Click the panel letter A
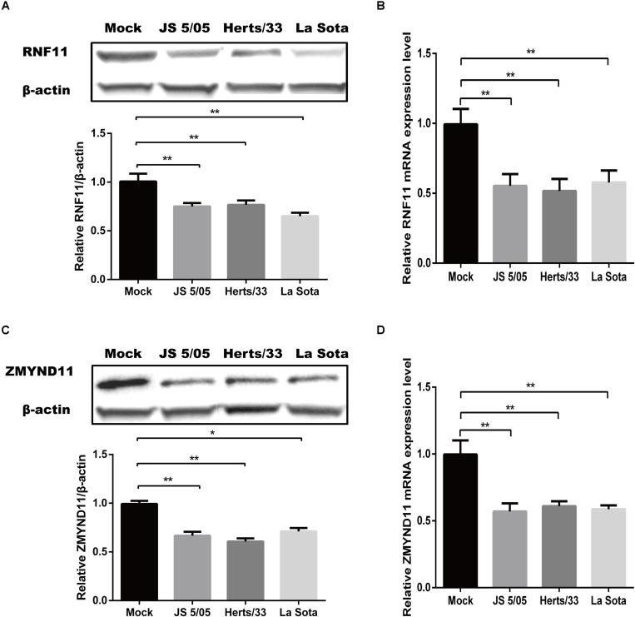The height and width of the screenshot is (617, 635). pos(7,7)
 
